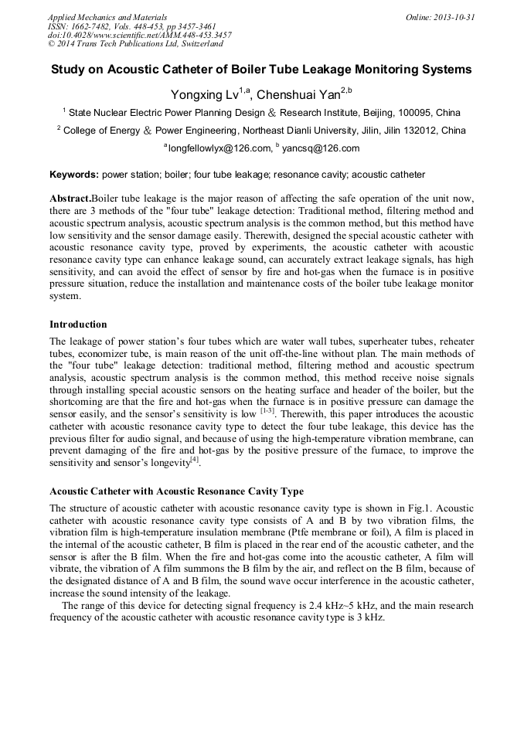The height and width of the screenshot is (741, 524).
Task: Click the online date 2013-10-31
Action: click(451, 17)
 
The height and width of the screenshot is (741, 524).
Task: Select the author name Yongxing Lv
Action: click(206, 95)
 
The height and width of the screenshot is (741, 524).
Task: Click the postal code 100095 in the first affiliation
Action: click(416, 113)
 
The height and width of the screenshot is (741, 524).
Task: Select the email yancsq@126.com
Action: click(321, 148)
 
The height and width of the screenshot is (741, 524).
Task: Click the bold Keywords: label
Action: click(74, 175)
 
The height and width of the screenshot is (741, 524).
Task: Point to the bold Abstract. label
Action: click(70, 199)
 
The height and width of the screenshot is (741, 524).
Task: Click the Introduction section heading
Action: click(78, 324)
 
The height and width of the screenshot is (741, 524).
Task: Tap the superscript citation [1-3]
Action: click(271, 412)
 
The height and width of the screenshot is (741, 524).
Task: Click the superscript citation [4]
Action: click(195, 461)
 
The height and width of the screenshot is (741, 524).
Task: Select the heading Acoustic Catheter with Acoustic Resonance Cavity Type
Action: click(176, 491)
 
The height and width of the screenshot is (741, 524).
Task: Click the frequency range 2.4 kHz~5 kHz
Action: click(311, 606)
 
